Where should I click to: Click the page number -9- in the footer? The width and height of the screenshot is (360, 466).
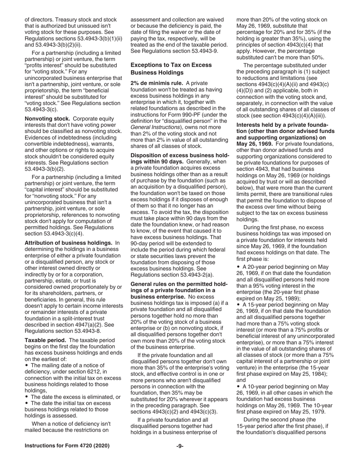pyautogui.click(x=180, y=446)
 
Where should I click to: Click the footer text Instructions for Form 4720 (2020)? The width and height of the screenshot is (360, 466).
pyautogui.click(x=67, y=446)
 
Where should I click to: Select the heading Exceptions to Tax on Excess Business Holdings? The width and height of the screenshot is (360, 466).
pyautogui.click(x=171, y=69)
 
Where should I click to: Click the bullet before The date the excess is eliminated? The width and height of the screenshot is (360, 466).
pyautogui.click(x=27, y=397)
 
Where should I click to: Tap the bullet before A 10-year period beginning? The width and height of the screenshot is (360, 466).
pyautogui.click(x=239, y=386)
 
